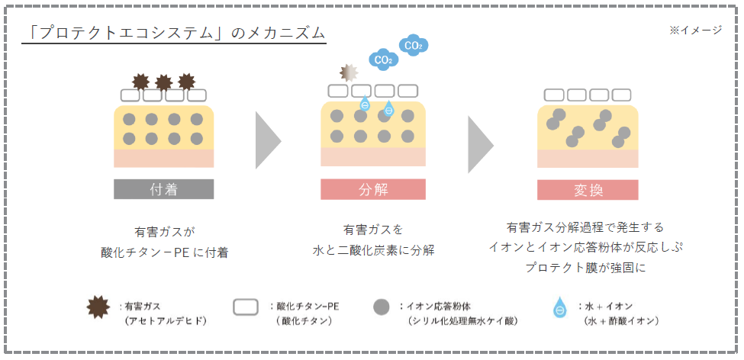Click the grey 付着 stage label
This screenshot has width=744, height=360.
[x=164, y=189]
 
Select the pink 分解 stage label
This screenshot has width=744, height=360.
[x=373, y=189]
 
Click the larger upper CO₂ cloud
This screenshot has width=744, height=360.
[x=414, y=45]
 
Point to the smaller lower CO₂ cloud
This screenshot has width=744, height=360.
[x=383, y=59]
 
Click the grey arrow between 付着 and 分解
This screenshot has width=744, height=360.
[x=268, y=140]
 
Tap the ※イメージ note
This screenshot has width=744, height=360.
[x=695, y=30]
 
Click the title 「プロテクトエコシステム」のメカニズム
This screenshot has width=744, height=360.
[x=174, y=33]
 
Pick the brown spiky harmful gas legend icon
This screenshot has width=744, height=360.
[x=98, y=307]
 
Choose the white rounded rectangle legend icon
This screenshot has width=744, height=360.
[x=245, y=307]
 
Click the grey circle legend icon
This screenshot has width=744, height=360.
[x=382, y=307]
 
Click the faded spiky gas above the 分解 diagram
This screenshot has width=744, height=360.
[x=348, y=72]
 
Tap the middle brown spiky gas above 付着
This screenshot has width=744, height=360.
[x=163, y=82]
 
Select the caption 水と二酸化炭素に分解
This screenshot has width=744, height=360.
[x=373, y=249]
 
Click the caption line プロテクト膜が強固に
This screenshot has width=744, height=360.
[x=586, y=268]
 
